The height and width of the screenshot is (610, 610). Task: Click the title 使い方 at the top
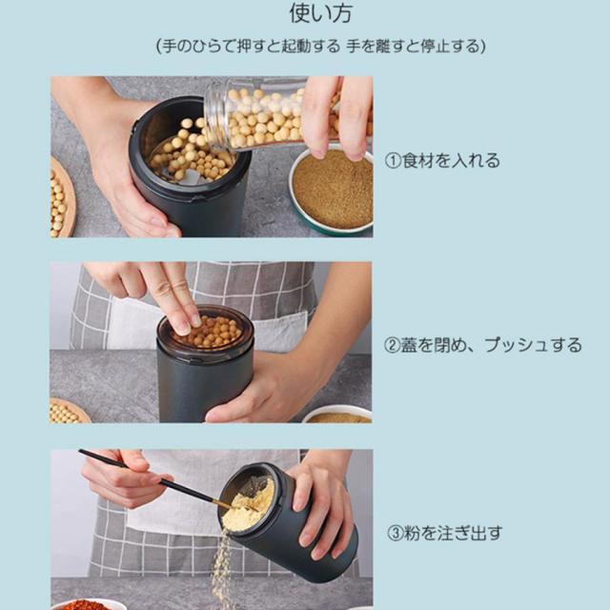pyautogui.click(x=321, y=12)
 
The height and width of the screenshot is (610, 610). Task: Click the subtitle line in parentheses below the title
pyautogui.click(x=321, y=47)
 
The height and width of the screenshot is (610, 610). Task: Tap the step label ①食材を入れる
pyautogui.click(x=442, y=160)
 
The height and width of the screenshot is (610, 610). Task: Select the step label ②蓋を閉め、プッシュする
pyautogui.click(x=483, y=345)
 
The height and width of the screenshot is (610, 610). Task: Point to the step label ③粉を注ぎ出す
pyautogui.click(x=445, y=533)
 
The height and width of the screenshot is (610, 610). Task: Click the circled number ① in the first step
pyautogui.click(x=393, y=161)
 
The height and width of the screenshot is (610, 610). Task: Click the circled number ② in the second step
pyautogui.click(x=392, y=345)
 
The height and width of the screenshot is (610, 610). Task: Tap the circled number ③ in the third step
pyautogui.click(x=395, y=534)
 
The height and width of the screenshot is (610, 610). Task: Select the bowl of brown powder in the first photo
pyautogui.click(x=331, y=191)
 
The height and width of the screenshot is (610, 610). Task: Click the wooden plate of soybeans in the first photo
pyautogui.click(x=62, y=198)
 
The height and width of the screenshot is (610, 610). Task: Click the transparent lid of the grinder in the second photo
pyautogui.click(x=206, y=328)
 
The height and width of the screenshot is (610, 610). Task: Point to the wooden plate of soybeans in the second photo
pyautogui.click(x=70, y=411)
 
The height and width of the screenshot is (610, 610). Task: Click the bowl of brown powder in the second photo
pyautogui.click(x=337, y=415)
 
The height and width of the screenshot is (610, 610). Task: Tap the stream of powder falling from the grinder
pyautogui.click(x=221, y=568)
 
